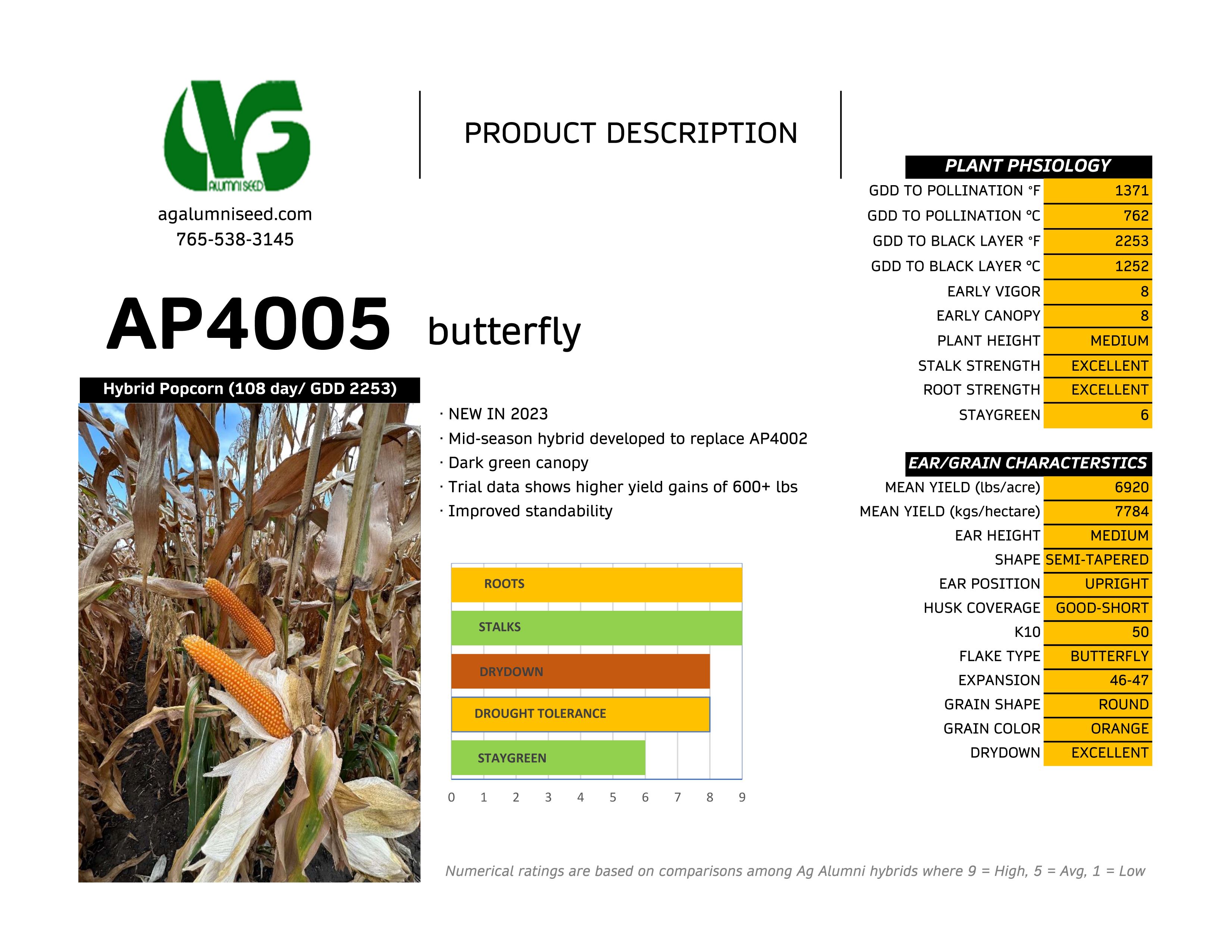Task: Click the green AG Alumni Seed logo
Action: [237, 136]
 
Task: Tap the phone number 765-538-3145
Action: [235, 240]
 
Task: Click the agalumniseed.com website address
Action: [235, 214]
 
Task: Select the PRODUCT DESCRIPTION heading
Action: [631, 134]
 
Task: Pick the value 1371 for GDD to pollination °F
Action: [1132, 191]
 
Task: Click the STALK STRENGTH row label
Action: [979, 366]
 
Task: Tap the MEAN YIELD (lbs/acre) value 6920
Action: [1132, 487]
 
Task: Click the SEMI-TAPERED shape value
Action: [1097, 560]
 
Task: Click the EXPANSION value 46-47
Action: [1129, 680]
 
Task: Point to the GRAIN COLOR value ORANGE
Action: [1119, 729]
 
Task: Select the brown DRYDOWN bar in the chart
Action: [580, 671]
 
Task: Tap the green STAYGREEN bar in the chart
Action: [548, 758]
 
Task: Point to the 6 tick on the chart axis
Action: [645, 797]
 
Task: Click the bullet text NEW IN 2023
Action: [498, 414]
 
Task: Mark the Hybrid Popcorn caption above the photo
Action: [250, 389]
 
